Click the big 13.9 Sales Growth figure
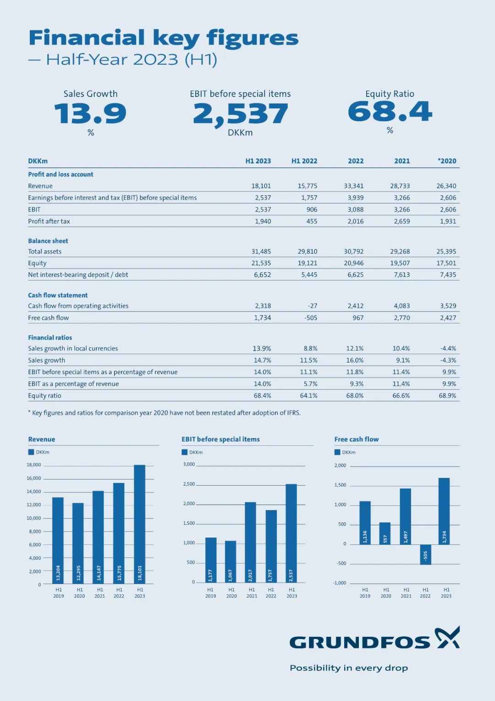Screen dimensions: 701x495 click(x=90, y=113)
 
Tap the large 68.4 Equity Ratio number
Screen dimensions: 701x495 click(x=390, y=112)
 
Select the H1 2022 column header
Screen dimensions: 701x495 click(x=304, y=161)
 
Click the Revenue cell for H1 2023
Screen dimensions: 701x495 click(x=261, y=186)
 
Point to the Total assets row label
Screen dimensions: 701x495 click(x=45, y=252)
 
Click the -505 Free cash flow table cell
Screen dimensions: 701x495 click(x=311, y=318)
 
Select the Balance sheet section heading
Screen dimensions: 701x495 click(x=48, y=241)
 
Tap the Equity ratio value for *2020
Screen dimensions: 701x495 click(x=447, y=396)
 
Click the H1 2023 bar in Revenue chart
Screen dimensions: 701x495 click(x=140, y=523)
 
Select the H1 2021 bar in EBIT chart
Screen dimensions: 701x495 click(x=251, y=542)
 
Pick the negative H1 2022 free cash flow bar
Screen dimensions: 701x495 click(x=426, y=555)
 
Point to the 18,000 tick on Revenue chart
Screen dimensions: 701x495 click(x=34, y=465)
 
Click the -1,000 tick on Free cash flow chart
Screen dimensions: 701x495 click(x=340, y=583)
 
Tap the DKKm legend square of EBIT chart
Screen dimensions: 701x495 click(x=185, y=452)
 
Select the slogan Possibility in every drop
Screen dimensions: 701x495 click(x=349, y=668)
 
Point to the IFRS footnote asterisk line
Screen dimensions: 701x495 click(x=164, y=413)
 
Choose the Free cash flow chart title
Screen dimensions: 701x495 click(x=357, y=439)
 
